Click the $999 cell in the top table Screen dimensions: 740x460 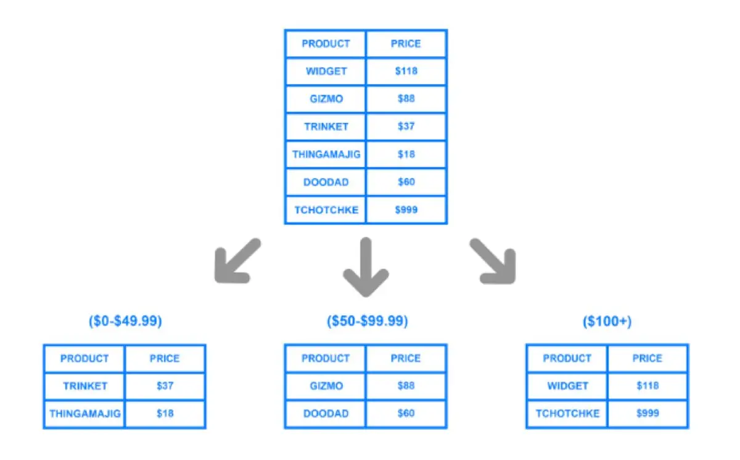tap(406, 210)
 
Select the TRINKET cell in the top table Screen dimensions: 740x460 tap(326, 126)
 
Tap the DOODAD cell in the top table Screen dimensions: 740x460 tap(326, 182)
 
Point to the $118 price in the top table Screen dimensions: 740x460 tap(406, 71)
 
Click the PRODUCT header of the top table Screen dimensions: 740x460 tap(326, 44)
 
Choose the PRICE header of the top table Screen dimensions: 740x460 tap(406, 44)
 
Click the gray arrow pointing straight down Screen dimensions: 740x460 tap(366, 267)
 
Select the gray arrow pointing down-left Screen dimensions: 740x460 tap(237, 261)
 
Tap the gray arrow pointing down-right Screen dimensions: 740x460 tap(493, 261)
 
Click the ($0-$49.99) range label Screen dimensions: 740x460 tap(125, 321)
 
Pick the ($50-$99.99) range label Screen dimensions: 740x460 tap(368, 321)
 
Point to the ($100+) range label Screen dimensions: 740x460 tap(607, 321)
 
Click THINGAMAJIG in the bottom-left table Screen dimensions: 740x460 tap(85, 413)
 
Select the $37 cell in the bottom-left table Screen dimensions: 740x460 tap(165, 386)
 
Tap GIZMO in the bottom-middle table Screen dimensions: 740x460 tap(326, 386)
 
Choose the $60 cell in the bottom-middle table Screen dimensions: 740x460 tap(406, 413)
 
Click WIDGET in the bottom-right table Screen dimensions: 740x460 tap(567, 386)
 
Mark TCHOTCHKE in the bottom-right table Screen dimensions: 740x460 tap(567, 413)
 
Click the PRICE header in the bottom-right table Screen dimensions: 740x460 tap(647, 358)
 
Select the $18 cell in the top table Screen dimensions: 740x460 tap(406, 154)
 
